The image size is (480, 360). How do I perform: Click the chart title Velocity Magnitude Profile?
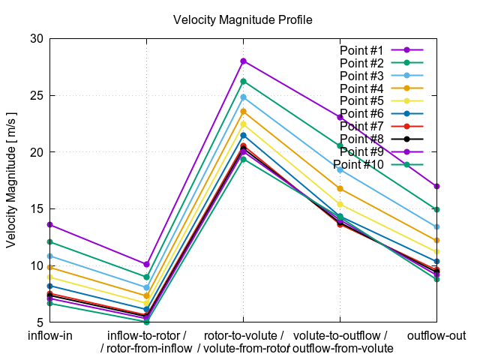click(242, 19)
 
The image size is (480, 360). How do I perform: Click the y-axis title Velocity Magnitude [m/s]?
click(11, 180)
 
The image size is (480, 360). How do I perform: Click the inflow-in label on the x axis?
click(49, 335)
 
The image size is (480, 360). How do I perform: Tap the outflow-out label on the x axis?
click(436, 335)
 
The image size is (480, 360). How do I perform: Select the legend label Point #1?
click(361, 50)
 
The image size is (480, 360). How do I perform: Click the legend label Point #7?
click(361, 126)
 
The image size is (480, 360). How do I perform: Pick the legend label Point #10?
click(358, 164)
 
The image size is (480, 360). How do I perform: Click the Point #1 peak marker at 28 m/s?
click(243, 61)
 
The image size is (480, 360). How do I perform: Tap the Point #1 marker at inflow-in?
click(49, 224)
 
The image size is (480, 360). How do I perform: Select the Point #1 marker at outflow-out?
click(436, 186)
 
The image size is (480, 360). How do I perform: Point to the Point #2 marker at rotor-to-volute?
click(243, 81)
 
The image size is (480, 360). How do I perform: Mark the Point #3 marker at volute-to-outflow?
click(340, 169)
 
